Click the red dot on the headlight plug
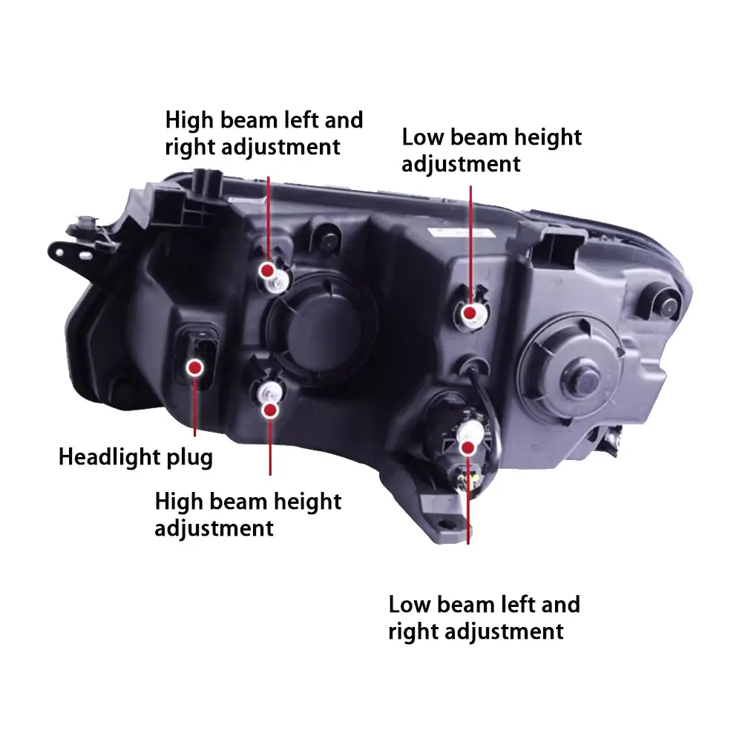(196, 366)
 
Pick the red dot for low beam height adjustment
(470, 313)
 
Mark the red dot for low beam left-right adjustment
(468, 447)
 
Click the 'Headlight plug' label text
(136, 456)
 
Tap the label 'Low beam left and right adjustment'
(484, 617)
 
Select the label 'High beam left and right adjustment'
(263, 133)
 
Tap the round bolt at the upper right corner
(666, 300)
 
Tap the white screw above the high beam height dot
(267, 391)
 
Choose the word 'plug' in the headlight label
(188, 457)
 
